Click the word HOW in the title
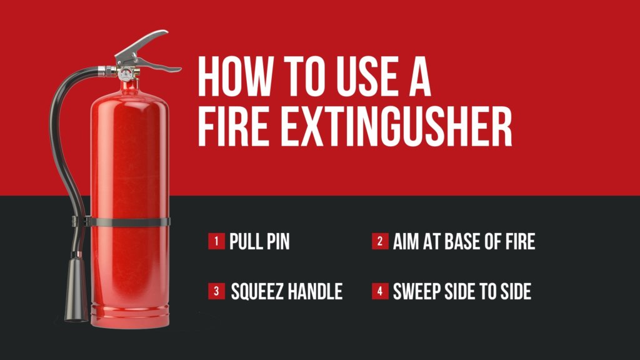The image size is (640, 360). click(x=232, y=76)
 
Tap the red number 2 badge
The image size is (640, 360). click(x=380, y=241)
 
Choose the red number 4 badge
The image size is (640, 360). click(x=380, y=291)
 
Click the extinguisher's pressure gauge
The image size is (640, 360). click(x=127, y=74)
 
